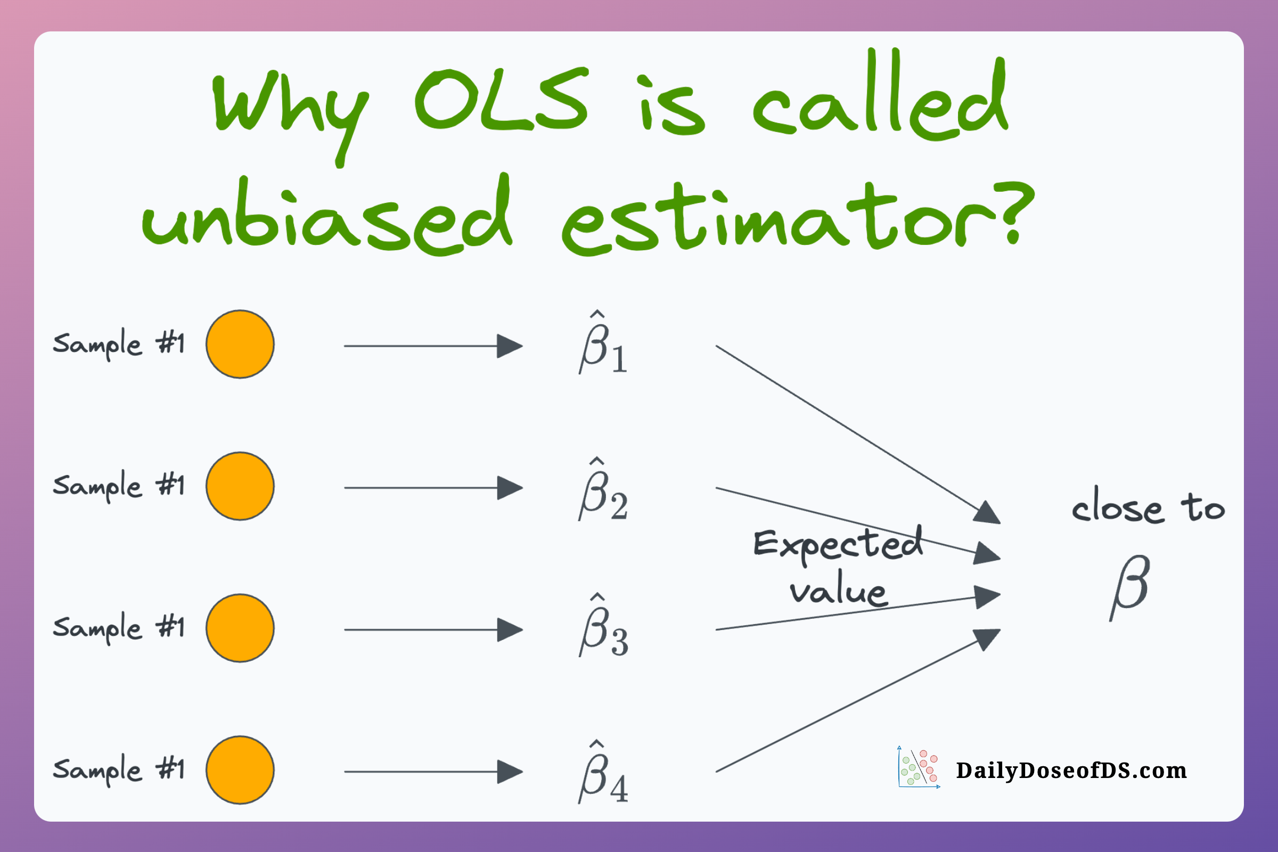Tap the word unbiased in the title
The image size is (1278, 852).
click(x=326, y=215)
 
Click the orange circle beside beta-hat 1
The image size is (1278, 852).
click(x=240, y=345)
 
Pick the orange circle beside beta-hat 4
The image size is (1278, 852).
click(x=240, y=770)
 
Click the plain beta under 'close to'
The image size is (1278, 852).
click(x=1130, y=588)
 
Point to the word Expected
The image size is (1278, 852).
click(x=838, y=545)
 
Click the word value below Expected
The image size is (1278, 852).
click(x=838, y=588)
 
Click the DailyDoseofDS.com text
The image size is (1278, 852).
click(x=1071, y=771)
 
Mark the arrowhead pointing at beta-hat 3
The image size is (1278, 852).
click(x=510, y=630)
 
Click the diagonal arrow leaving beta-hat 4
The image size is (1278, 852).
click(x=858, y=700)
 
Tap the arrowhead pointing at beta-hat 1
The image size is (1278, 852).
click(x=510, y=346)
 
